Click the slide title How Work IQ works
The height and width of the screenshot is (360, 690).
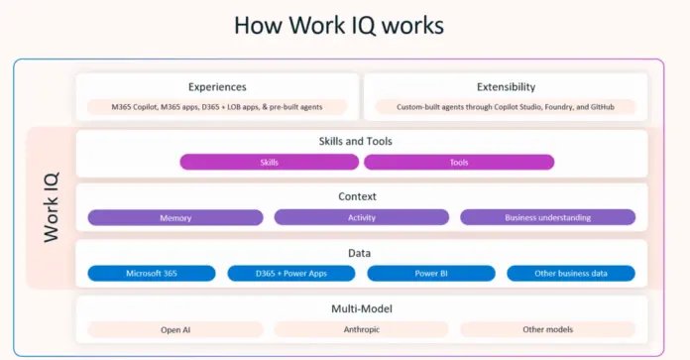[x=339, y=25]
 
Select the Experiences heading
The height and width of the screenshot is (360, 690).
[x=217, y=87]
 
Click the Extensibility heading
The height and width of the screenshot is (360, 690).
[x=506, y=87]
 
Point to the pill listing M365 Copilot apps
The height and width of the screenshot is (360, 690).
[x=217, y=107]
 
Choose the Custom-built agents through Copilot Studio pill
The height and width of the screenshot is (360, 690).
[x=506, y=107]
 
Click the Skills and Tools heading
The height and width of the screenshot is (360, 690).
[x=355, y=142]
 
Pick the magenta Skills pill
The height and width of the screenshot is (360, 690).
[x=269, y=162]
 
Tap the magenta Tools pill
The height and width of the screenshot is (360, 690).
[x=459, y=162]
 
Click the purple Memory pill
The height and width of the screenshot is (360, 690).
[x=175, y=217]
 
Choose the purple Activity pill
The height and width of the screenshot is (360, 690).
[x=361, y=217]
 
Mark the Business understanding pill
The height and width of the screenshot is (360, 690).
[x=547, y=217]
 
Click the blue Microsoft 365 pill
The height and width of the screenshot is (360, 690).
[x=151, y=273]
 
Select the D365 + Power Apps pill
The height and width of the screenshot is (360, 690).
[x=290, y=273]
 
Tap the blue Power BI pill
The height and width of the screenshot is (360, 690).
[x=430, y=273]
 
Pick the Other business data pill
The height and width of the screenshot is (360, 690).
[x=571, y=273]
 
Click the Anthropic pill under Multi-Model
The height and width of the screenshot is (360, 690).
[x=361, y=329]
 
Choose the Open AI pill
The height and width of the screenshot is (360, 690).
[x=175, y=329]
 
